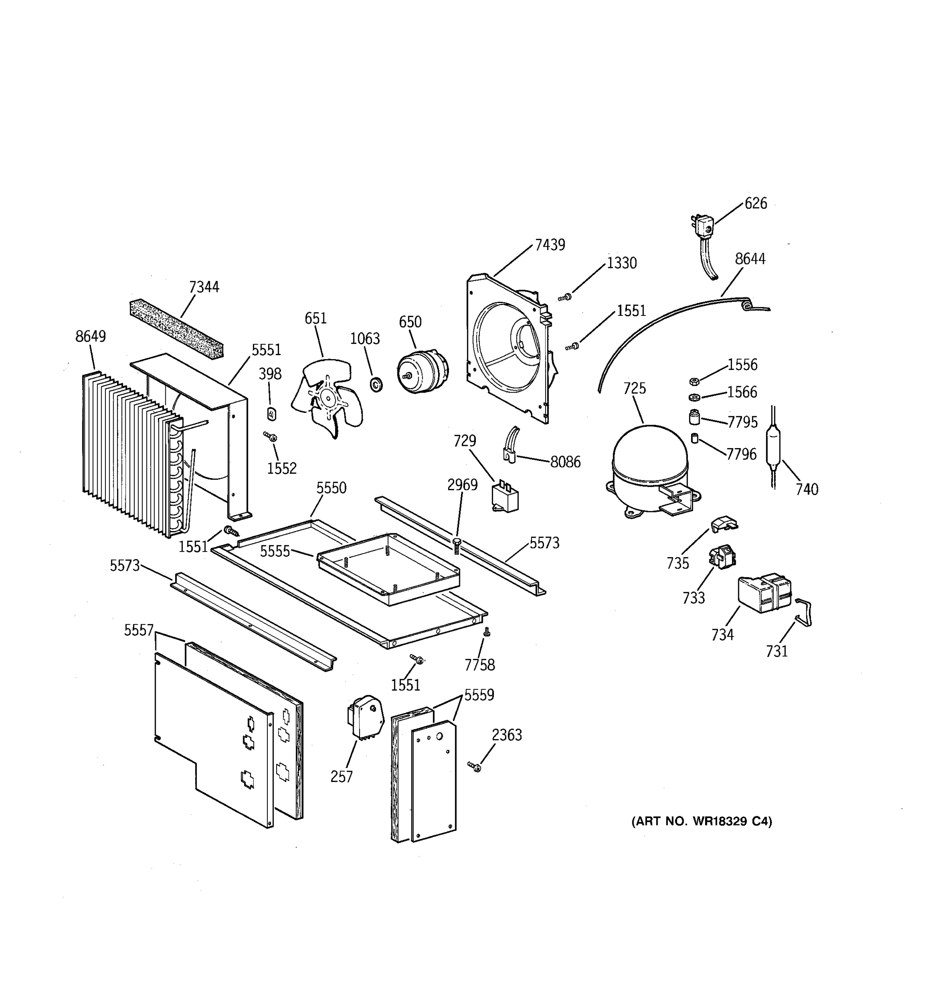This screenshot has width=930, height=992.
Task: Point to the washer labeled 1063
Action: click(x=376, y=384)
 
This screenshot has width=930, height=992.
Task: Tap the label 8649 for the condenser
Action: click(x=90, y=336)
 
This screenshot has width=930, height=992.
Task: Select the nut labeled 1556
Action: click(x=694, y=382)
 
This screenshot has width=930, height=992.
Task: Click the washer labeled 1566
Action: click(x=694, y=397)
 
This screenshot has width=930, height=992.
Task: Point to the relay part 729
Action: click(x=505, y=497)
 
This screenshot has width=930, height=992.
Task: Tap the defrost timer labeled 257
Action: click(x=365, y=718)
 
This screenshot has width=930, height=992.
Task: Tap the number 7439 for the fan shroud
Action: click(x=550, y=245)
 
